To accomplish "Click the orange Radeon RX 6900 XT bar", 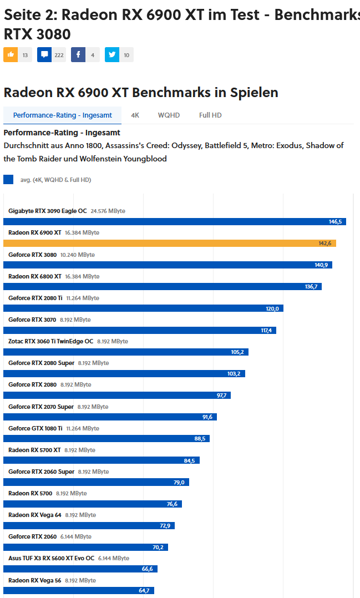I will tap(169, 243).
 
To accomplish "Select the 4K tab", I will tap(135, 115).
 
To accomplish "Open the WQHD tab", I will tap(169, 115).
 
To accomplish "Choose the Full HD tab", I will tap(210, 115).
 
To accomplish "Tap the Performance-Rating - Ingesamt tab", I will tap(63, 115).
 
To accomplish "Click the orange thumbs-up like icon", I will tap(11, 55).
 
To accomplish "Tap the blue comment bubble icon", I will tap(44, 55).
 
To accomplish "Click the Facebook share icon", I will tap(78, 55).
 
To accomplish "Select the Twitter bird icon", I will tap(112, 55).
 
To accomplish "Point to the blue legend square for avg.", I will tap(8, 179).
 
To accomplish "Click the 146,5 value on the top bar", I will tap(335, 221).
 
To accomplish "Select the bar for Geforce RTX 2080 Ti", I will tap(143, 308).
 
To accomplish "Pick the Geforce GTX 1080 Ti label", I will tap(36, 428).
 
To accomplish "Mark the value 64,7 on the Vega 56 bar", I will tap(144, 591).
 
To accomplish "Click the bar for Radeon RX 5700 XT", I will tap(102, 460).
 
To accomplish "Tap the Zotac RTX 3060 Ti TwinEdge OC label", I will tap(51, 341).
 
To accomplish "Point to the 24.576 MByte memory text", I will tap(108, 211).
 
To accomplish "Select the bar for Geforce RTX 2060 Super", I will tap(96, 482).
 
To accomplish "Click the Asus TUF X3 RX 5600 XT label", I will tap(52, 558).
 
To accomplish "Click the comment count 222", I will tap(59, 55).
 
